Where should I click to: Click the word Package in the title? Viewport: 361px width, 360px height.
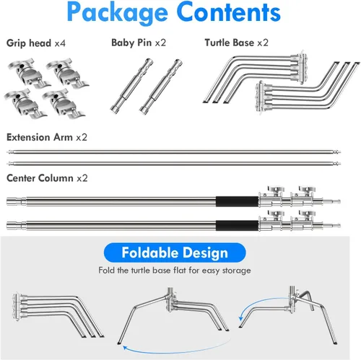(x=117, y=13)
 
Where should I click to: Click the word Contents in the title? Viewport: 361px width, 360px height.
(x=230, y=12)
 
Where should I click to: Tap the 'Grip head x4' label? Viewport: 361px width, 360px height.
(x=36, y=43)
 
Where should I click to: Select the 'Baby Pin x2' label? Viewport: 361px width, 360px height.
(x=139, y=43)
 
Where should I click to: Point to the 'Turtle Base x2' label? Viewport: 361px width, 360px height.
(x=236, y=43)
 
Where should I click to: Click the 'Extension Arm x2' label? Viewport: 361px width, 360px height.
(x=47, y=137)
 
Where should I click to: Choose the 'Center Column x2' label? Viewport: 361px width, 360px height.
(x=47, y=178)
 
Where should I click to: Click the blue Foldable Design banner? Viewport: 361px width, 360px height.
(x=175, y=253)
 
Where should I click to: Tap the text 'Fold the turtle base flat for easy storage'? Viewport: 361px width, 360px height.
(x=175, y=271)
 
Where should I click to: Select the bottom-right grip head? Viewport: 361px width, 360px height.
(x=63, y=104)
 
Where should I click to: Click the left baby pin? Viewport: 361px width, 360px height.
(x=131, y=85)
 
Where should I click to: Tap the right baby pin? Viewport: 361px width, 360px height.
(x=161, y=86)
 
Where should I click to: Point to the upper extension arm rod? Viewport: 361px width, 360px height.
(x=173, y=152)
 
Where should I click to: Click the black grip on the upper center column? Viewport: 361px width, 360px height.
(x=237, y=201)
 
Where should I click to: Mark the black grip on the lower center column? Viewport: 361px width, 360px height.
(x=237, y=225)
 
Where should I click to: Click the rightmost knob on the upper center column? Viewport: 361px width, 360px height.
(x=306, y=190)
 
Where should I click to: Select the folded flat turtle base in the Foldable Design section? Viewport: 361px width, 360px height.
(x=58, y=315)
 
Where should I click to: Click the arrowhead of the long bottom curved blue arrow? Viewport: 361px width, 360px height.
(x=125, y=348)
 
